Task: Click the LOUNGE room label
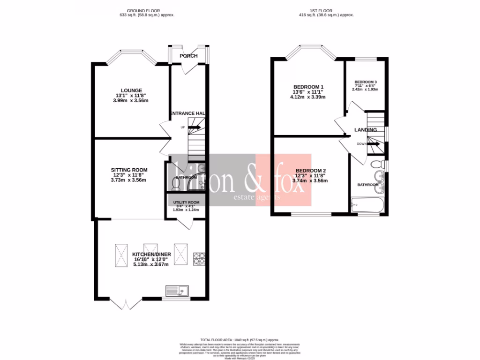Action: [131, 90]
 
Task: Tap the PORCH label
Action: [188, 56]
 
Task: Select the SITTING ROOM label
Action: [129, 170]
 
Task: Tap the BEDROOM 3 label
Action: [366, 82]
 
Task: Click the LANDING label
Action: [365, 130]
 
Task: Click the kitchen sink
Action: [176, 292]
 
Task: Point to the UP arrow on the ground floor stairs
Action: [195, 127]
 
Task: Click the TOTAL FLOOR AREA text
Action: [240, 339]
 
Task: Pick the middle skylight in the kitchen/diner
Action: [151, 248]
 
